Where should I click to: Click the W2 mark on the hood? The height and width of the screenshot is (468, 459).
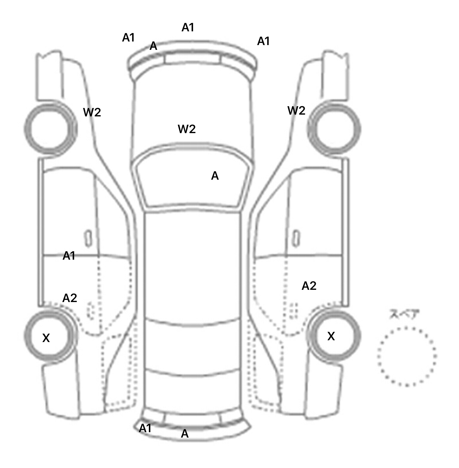tap(186, 129)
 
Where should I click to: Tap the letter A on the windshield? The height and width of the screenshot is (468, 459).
tap(215, 176)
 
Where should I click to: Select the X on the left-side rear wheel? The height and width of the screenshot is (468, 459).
tap(46, 338)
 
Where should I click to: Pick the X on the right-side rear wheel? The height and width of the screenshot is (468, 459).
tap(331, 336)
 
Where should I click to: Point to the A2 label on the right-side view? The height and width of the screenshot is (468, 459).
tap(309, 286)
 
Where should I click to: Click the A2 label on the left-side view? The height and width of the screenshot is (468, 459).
tap(70, 298)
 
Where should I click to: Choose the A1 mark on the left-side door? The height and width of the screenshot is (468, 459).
tap(69, 256)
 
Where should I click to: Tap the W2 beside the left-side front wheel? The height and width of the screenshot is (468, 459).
tap(92, 113)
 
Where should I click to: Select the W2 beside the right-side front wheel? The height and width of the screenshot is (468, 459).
tap(296, 111)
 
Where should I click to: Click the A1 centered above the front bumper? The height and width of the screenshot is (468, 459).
tap(188, 27)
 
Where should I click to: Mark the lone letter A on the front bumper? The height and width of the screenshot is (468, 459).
tap(153, 46)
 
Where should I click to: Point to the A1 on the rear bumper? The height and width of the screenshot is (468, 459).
tap(145, 428)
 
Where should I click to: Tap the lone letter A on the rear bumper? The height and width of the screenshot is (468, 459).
tap(185, 434)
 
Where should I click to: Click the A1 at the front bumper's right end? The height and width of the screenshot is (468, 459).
tap(263, 41)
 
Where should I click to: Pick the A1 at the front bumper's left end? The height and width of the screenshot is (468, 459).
tap(128, 38)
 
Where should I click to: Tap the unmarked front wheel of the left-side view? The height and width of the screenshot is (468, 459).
tap(50, 129)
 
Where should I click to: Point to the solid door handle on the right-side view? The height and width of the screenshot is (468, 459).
tap(296, 238)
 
